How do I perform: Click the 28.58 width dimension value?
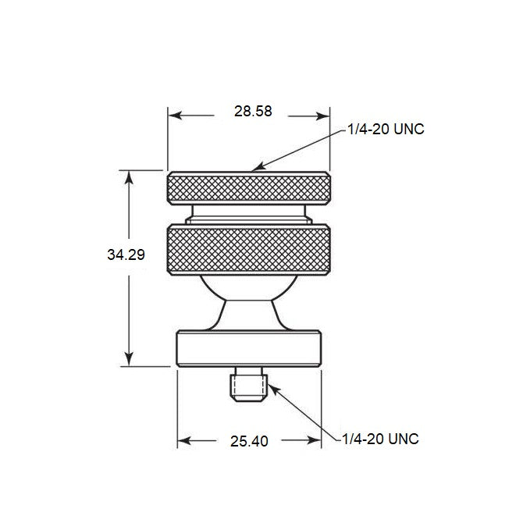pyautogui.click(x=252, y=111)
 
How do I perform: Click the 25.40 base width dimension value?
pyautogui.click(x=250, y=441)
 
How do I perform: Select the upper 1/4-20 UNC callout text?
pyautogui.click(x=387, y=130)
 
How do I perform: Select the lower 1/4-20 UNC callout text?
pyautogui.click(x=381, y=439)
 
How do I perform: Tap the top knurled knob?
pyautogui.click(x=251, y=188)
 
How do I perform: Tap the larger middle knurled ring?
pyautogui.click(x=251, y=249)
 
